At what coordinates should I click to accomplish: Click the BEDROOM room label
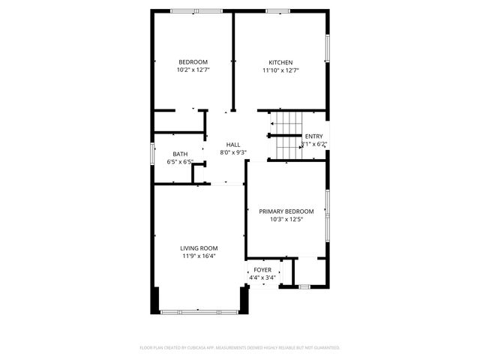193,61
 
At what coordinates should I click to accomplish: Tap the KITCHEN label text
281,62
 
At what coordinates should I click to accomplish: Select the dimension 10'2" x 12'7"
193,70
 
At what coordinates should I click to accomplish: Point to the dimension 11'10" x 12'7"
281,70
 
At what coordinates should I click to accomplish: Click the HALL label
233,144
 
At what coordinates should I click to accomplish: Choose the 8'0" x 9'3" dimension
233,152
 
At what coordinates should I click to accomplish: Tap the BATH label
180,154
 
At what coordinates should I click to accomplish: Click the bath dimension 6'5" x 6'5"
180,162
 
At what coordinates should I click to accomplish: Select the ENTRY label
313,136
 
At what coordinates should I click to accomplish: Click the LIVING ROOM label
199,247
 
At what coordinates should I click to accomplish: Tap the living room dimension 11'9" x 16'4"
199,256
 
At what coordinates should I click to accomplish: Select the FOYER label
262,269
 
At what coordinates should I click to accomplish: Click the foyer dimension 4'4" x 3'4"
262,277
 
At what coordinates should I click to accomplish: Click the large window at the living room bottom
198,310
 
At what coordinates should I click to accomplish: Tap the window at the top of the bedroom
190,10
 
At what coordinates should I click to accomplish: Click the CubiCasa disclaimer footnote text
240,348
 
